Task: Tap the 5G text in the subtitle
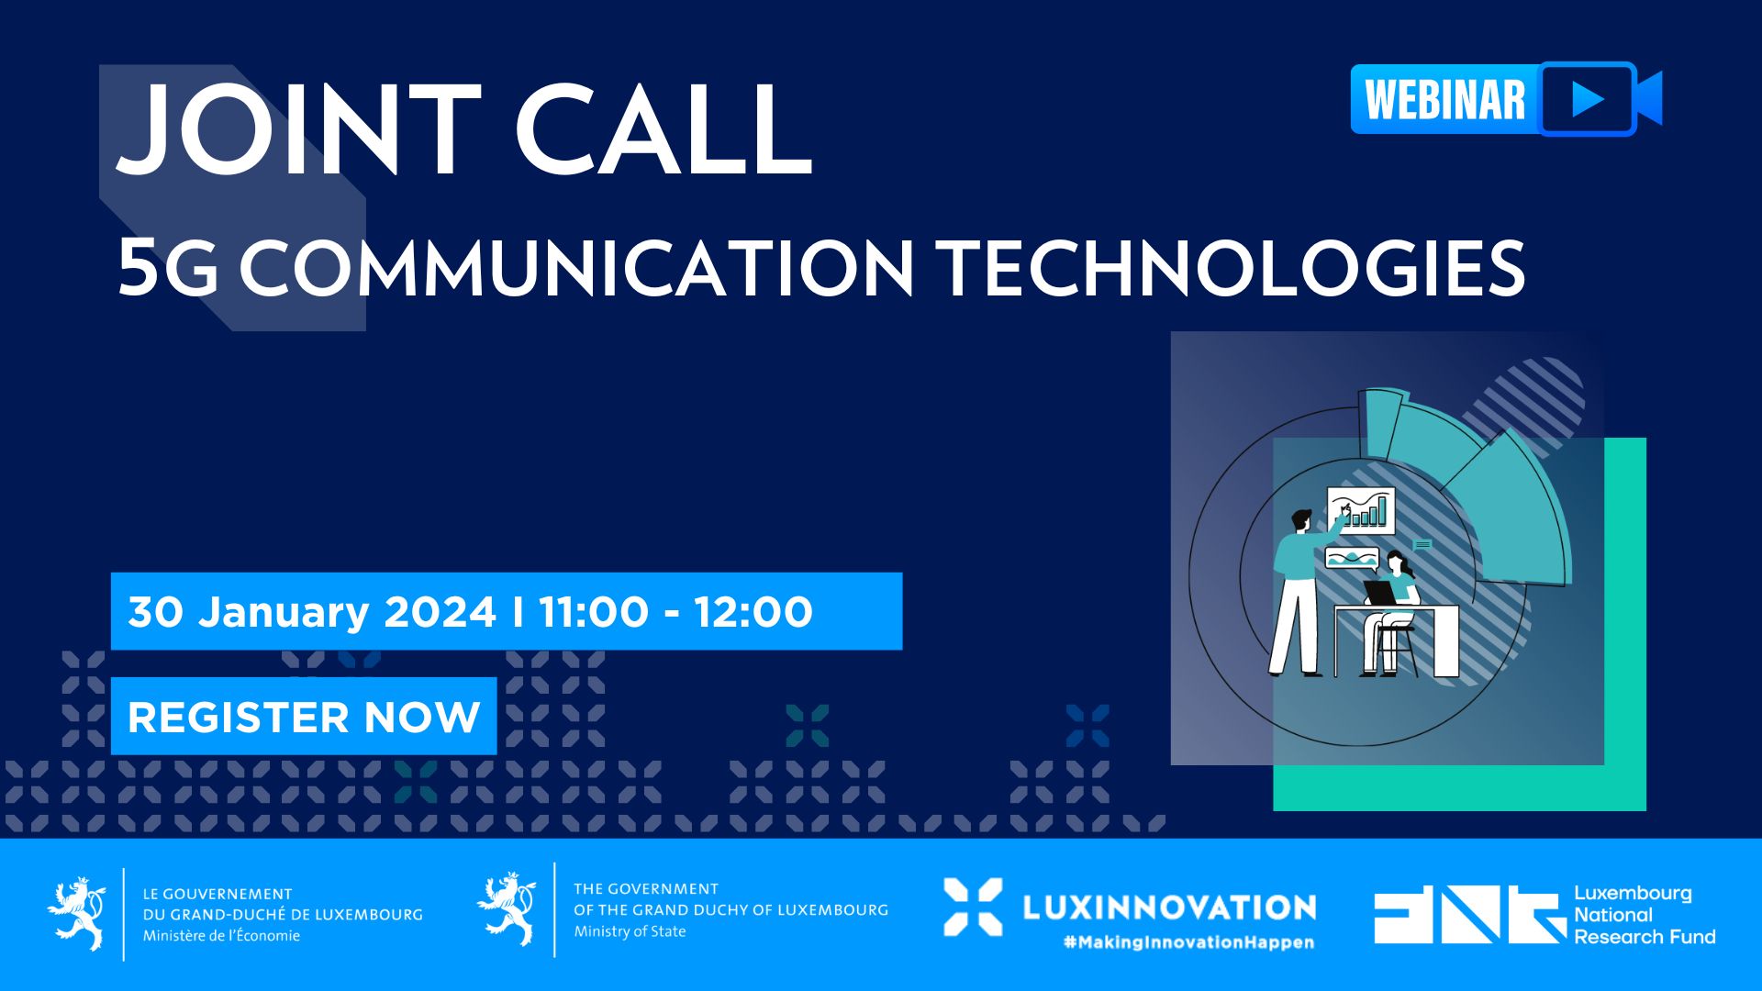168,268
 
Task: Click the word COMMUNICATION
577,268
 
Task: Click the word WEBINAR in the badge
1445,99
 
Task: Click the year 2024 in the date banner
440,612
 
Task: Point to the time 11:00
593,612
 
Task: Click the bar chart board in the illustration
1360,510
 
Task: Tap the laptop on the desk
1379,593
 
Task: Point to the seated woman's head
1397,561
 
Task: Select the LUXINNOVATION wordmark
1169,907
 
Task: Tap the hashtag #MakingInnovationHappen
1188,942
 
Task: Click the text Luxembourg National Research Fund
1645,915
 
